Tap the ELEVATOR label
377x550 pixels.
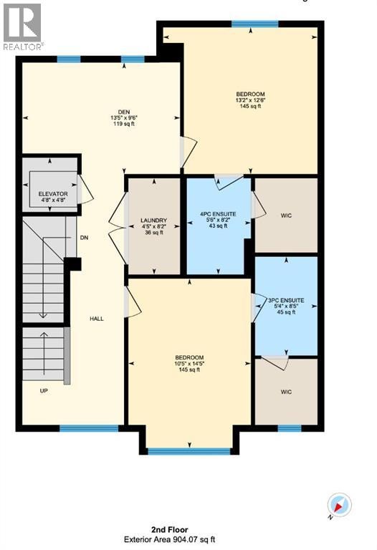pyautogui.click(x=53, y=194)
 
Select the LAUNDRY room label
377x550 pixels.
pyautogui.click(x=154, y=221)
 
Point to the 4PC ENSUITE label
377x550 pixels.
pyautogui.click(x=218, y=214)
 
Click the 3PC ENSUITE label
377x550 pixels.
pyautogui.click(x=286, y=301)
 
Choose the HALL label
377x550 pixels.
pyautogui.click(x=97, y=319)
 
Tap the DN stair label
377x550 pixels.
pyautogui.click(x=85, y=238)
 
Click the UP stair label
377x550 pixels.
pyautogui.click(x=44, y=391)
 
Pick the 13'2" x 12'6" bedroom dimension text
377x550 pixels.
pyautogui.click(x=250, y=100)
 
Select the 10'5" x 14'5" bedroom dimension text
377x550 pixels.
pyautogui.click(x=189, y=364)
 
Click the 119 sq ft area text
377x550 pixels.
pyautogui.click(x=124, y=124)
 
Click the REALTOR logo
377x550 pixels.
pyautogui.click(x=22, y=26)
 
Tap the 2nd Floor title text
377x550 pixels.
pyautogui.click(x=170, y=530)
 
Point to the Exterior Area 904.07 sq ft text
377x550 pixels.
pyautogui.click(x=170, y=540)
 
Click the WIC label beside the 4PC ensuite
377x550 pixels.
pyautogui.click(x=286, y=216)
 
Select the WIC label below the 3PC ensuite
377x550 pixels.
pyautogui.click(x=286, y=392)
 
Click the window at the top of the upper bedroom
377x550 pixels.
pyautogui.click(x=255, y=24)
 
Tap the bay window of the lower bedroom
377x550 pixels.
pyautogui.click(x=189, y=451)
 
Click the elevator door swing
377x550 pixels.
pyautogui.click(x=86, y=189)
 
